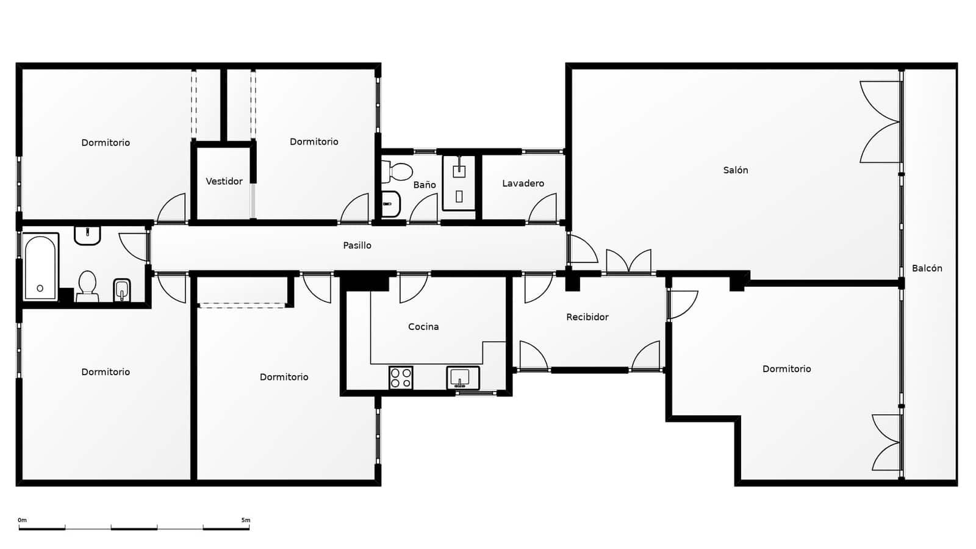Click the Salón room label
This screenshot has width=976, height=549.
[736, 170]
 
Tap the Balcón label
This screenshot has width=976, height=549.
[927, 268]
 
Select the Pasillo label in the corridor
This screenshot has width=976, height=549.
[357, 245]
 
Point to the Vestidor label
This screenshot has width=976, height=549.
[224, 181]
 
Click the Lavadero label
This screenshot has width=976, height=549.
[523, 184]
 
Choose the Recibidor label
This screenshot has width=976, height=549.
[587, 317]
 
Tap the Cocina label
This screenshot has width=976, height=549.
[423, 327]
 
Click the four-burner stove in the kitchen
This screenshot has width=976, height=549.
[401, 378]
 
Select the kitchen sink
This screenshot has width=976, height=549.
[463, 378]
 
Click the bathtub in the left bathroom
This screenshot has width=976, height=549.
[40, 267]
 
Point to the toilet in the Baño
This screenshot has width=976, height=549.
[396, 171]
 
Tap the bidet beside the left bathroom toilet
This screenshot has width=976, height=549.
[121, 290]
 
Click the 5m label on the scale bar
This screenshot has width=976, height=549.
[246, 520]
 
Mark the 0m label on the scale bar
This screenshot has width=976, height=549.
[22, 520]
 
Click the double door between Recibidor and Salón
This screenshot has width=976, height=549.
[629, 262]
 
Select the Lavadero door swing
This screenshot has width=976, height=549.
[542, 208]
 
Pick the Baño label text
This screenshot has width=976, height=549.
[425, 185]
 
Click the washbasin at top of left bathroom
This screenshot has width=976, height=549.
[87, 235]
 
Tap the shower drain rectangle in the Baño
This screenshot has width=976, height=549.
[459, 196]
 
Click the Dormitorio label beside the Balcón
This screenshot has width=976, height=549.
[786, 369]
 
